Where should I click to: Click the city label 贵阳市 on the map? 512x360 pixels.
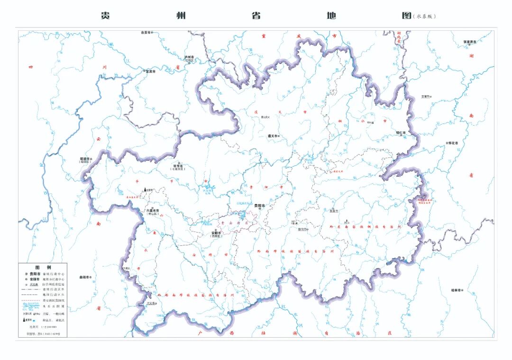pyautogui.click(x=260, y=206)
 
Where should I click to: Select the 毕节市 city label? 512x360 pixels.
pyautogui.click(x=179, y=166)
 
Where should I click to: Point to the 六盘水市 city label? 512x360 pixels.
pyautogui.click(x=153, y=211)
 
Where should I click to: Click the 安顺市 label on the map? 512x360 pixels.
pyautogui.click(x=216, y=233)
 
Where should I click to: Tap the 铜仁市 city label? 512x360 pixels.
pyautogui.click(x=401, y=133)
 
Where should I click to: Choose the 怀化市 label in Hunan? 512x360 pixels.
pyautogui.click(x=454, y=143)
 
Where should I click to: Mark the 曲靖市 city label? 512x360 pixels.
pyautogui.click(x=85, y=277)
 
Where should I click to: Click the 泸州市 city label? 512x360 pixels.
pyautogui.click(x=190, y=56)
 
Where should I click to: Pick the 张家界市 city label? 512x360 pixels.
pyautogui.click(x=470, y=41)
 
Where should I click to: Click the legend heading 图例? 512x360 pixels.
pyautogui.click(x=43, y=267)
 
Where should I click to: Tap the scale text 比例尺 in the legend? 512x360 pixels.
pyautogui.click(x=34, y=327)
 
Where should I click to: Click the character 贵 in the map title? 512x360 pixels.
pyautogui.click(x=105, y=15)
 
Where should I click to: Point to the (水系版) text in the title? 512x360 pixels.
pyautogui.click(x=424, y=16)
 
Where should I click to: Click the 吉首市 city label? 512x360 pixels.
pyautogui.click(x=426, y=97)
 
